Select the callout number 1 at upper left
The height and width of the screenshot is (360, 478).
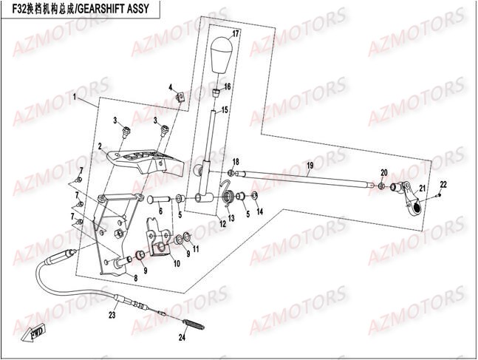click(x=75, y=97)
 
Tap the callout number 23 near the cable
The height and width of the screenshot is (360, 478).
click(x=112, y=315)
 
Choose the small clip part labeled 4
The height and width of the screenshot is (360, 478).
click(x=180, y=96)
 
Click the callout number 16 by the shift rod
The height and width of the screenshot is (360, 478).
click(x=228, y=86)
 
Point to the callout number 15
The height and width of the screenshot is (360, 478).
click(x=225, y=110)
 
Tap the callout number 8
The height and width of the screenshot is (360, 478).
click(x=135, y=277)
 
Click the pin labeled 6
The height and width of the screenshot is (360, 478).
click(x=160, y=200)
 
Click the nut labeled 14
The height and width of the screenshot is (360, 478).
click(x=255, y=196)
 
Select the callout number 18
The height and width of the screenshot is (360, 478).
click(x=236, y=162)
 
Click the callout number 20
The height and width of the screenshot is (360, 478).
click(x=383, y=172)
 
